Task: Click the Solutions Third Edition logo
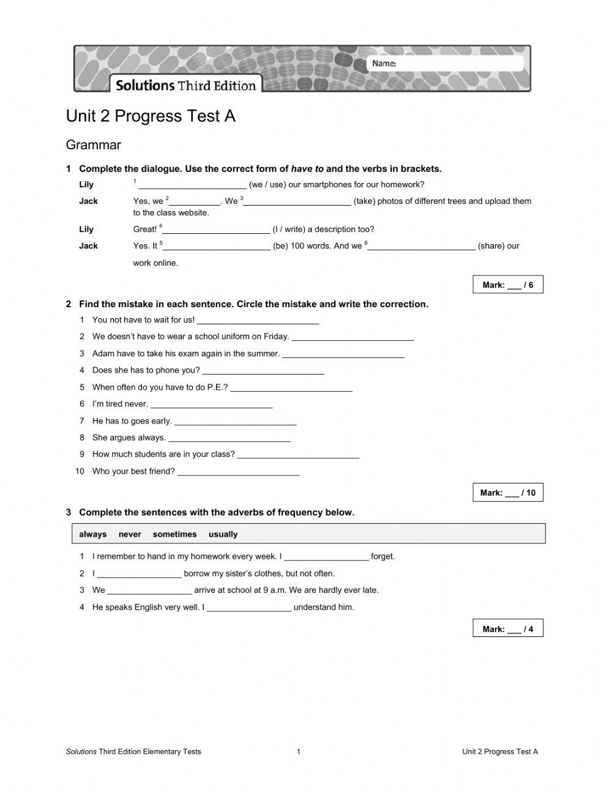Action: pos(185,85)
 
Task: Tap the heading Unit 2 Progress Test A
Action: pos(151,116)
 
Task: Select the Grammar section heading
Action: pos(93,145)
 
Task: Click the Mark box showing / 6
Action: pos(507,285)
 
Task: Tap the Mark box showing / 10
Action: pos(507,493)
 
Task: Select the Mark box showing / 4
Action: pos(507,628)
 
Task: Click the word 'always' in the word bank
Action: pos(92,534)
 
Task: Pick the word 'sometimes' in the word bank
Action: pos(174,534)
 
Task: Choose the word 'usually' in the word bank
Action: pos(223,534)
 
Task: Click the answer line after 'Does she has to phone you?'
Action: pos(263,371)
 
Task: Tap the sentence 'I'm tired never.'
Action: pos(120,404)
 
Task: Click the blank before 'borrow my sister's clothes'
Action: pos(139,575)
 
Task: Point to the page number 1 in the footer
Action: pos(298,751)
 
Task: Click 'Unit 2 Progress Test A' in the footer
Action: pos(499,751)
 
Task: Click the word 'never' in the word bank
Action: pos(130,534)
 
